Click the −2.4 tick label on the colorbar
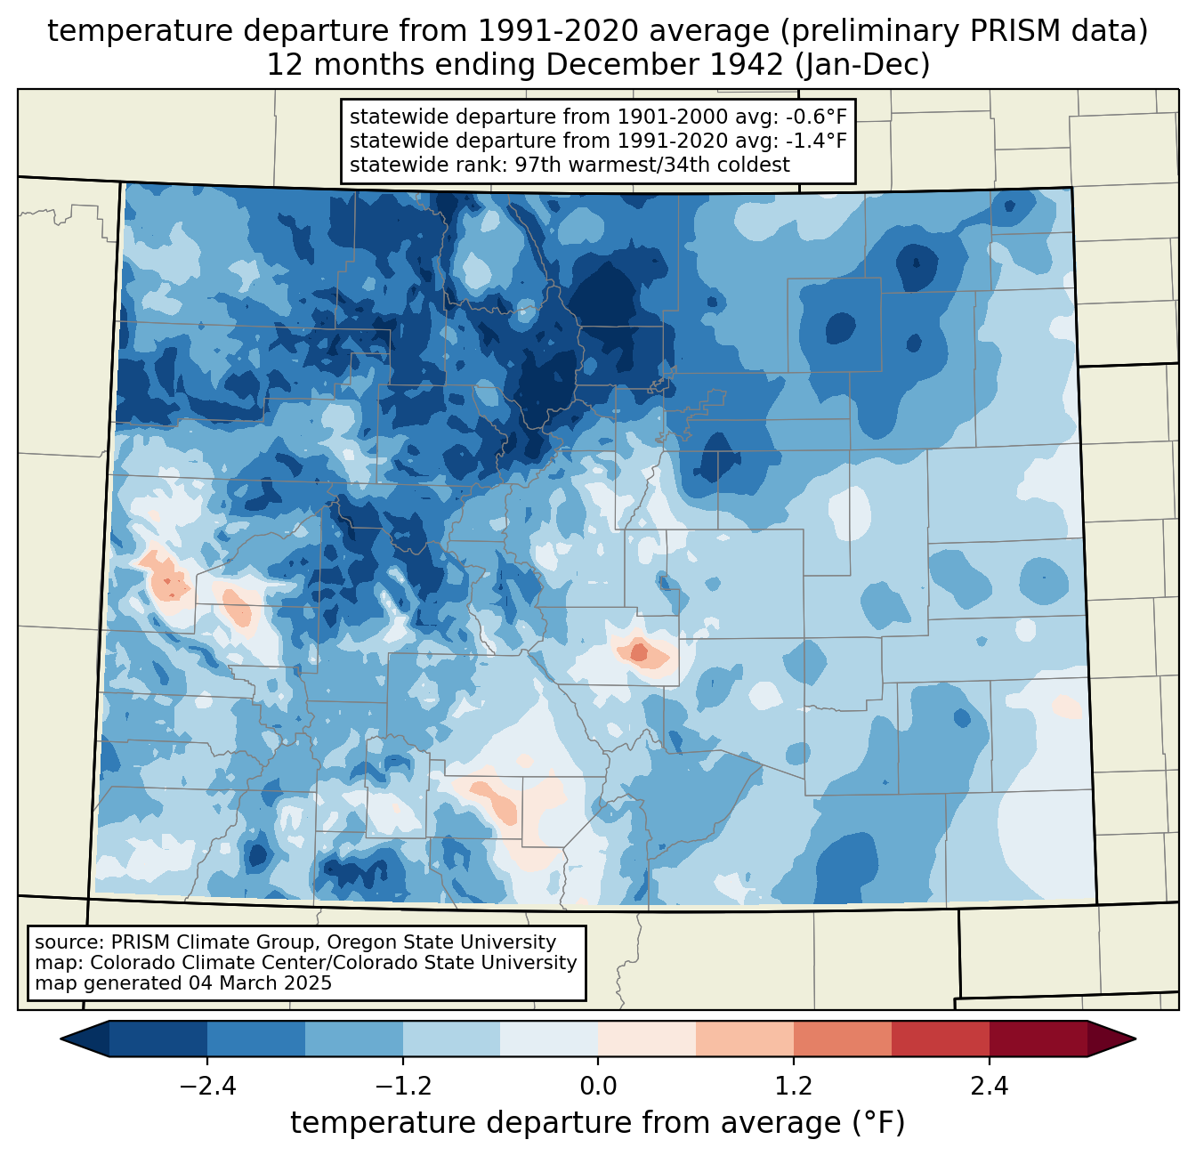[x=207, y=1087]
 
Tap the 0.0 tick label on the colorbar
[x=598, y=1087]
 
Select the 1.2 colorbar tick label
[x=794, y=1087]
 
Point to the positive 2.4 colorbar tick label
[x=990, y=1087]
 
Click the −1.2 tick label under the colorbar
[x=403, y=1087]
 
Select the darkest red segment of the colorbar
[x=1038, y=1039]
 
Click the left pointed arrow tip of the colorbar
[x=61, y=1039]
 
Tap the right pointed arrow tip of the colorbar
[x=1135, y=1039]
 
